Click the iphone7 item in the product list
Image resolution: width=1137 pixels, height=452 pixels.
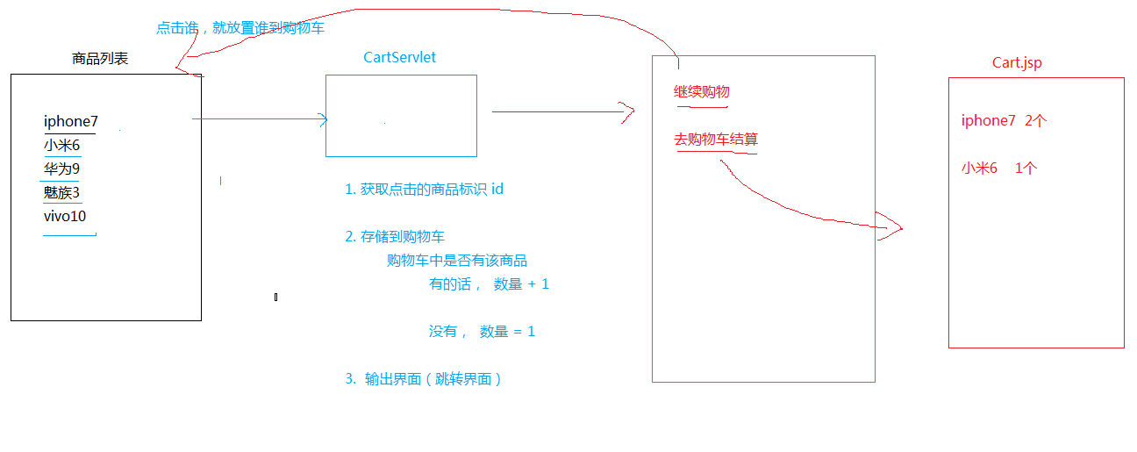click(71, 122)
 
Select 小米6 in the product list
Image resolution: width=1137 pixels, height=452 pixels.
click(62, 146)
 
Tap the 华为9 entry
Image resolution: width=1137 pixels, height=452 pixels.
click(62, 169)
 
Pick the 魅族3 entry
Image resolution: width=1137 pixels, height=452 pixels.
click(62, 192)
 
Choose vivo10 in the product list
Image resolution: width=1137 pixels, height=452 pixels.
click(65, 216)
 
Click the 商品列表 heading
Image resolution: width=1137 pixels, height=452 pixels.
click(100, 59)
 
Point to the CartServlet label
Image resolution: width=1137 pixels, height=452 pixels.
click(399, 58)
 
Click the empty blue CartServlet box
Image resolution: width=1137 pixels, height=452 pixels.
click(401, 115)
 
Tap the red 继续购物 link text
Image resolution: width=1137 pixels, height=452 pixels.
click(702, 92)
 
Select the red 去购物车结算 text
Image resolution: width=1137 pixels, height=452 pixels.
click(716, 140)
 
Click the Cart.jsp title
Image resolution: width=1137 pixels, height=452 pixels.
click(1017, 62)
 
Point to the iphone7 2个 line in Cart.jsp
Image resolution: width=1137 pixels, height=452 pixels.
click(1004, 121)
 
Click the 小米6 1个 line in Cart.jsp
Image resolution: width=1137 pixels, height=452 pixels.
click(998, 169)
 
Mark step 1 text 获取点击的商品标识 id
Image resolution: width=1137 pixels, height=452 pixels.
click(425, 189)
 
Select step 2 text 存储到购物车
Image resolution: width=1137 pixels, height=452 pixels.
click(395, 236)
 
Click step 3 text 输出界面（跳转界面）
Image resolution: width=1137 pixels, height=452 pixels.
click(424, 379)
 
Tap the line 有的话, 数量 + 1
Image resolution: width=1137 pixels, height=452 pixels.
click(489, 283)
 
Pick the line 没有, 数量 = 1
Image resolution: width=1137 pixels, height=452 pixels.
click(482, 331)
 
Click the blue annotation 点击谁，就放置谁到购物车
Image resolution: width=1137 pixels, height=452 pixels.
click(240, 28)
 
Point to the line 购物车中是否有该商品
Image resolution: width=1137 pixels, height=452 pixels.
click(457, 260)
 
